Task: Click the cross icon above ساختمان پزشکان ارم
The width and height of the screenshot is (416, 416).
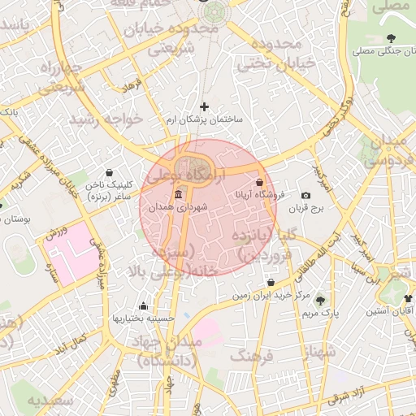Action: pos(204,106)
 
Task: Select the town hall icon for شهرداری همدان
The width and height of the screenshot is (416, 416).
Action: pos(178,194)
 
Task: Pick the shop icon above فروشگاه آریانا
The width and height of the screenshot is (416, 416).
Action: pos(260,183)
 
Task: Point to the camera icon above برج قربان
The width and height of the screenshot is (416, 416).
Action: pos(305,196)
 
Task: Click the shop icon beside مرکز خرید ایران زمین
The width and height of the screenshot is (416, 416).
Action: pos(271,283)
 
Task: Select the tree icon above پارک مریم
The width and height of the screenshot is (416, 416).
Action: pos(319,299)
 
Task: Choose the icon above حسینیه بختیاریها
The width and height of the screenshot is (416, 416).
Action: pos(143,306)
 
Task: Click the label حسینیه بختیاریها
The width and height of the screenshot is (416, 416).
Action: pos(143,318)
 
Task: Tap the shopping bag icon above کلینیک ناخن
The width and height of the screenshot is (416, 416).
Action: pos(110,172)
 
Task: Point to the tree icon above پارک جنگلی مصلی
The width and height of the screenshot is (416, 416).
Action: pos(392,38)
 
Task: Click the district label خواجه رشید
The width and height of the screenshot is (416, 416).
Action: pos(106,119)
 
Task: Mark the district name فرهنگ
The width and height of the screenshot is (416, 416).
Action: pos(251,355)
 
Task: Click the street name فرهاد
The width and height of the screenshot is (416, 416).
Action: pos(131,84)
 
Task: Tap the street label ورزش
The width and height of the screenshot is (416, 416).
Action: pos(55,235)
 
